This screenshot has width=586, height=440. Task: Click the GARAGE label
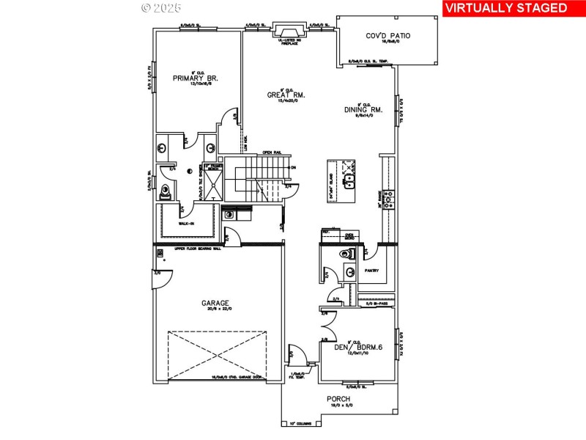point(216,302)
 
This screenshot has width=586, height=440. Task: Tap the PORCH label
point(340,400)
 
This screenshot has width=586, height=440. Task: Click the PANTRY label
point(371,270)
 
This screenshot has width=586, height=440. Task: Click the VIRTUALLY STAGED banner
point(506,8)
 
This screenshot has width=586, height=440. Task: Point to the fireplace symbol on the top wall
point(281,30)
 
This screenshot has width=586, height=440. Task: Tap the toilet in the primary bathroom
point(168,192)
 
